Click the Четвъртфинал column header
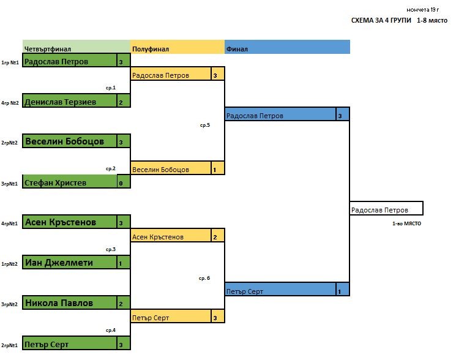76,48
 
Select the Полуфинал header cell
178,48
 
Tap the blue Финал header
287,48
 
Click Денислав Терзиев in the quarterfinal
70,102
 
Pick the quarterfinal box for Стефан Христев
70,182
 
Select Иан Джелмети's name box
70,263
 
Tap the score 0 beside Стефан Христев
124,182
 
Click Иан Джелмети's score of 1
124,263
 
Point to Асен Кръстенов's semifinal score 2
217,237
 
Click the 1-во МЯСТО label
406,224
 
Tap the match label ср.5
204,125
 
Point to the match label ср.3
111,250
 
